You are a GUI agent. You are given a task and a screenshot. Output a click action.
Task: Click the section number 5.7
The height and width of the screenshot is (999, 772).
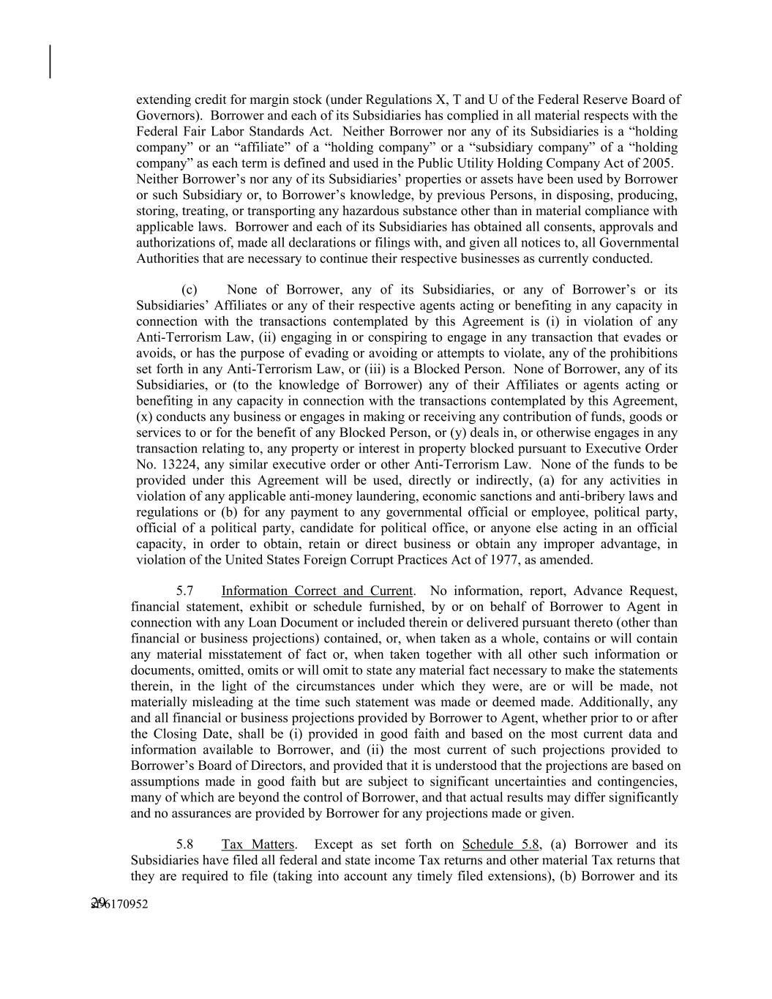pos(184,591)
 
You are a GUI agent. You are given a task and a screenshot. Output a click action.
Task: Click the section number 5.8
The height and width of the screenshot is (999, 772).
pos(184,844)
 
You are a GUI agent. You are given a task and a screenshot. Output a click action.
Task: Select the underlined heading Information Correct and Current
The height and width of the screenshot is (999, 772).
pos(317,591)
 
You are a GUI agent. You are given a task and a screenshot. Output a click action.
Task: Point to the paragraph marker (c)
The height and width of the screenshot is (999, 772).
pos(189,290)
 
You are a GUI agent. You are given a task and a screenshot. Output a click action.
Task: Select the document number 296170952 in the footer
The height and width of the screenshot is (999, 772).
pos(119,905)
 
